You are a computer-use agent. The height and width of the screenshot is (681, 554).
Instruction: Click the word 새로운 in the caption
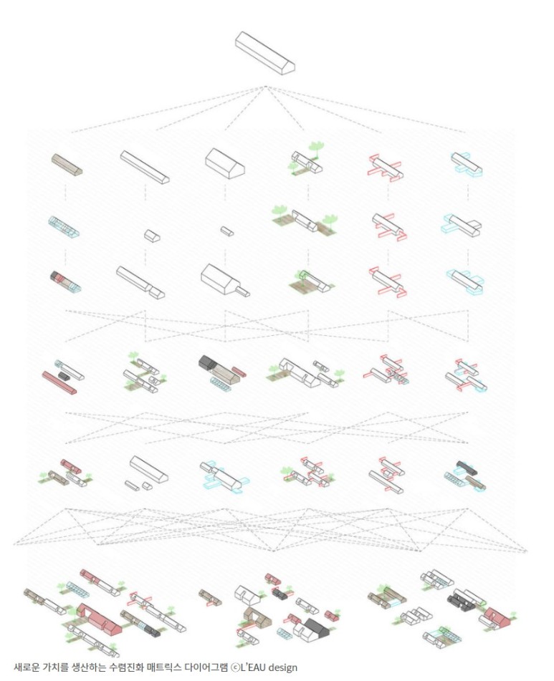[x=26, y=667]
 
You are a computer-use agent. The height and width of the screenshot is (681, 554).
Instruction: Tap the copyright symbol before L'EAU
[x=234, y=667]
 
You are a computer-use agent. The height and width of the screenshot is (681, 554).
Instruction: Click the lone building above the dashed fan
[x=264, y=53]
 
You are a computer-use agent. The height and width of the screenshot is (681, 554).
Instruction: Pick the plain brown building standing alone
[x=67, y=164]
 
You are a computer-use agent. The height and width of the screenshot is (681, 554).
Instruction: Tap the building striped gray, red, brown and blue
[x=65, y=281]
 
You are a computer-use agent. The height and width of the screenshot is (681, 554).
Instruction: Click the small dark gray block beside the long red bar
[x=64, y=376]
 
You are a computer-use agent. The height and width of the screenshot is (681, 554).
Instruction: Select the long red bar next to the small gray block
[x=59, y=382]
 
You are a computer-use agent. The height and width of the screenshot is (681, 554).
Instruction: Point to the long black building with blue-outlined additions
[x=467, y=468]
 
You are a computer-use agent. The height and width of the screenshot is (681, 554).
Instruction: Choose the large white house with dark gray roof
[x=312, y=629]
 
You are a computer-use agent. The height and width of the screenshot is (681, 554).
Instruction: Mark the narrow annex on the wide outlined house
[x=243, y=291]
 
